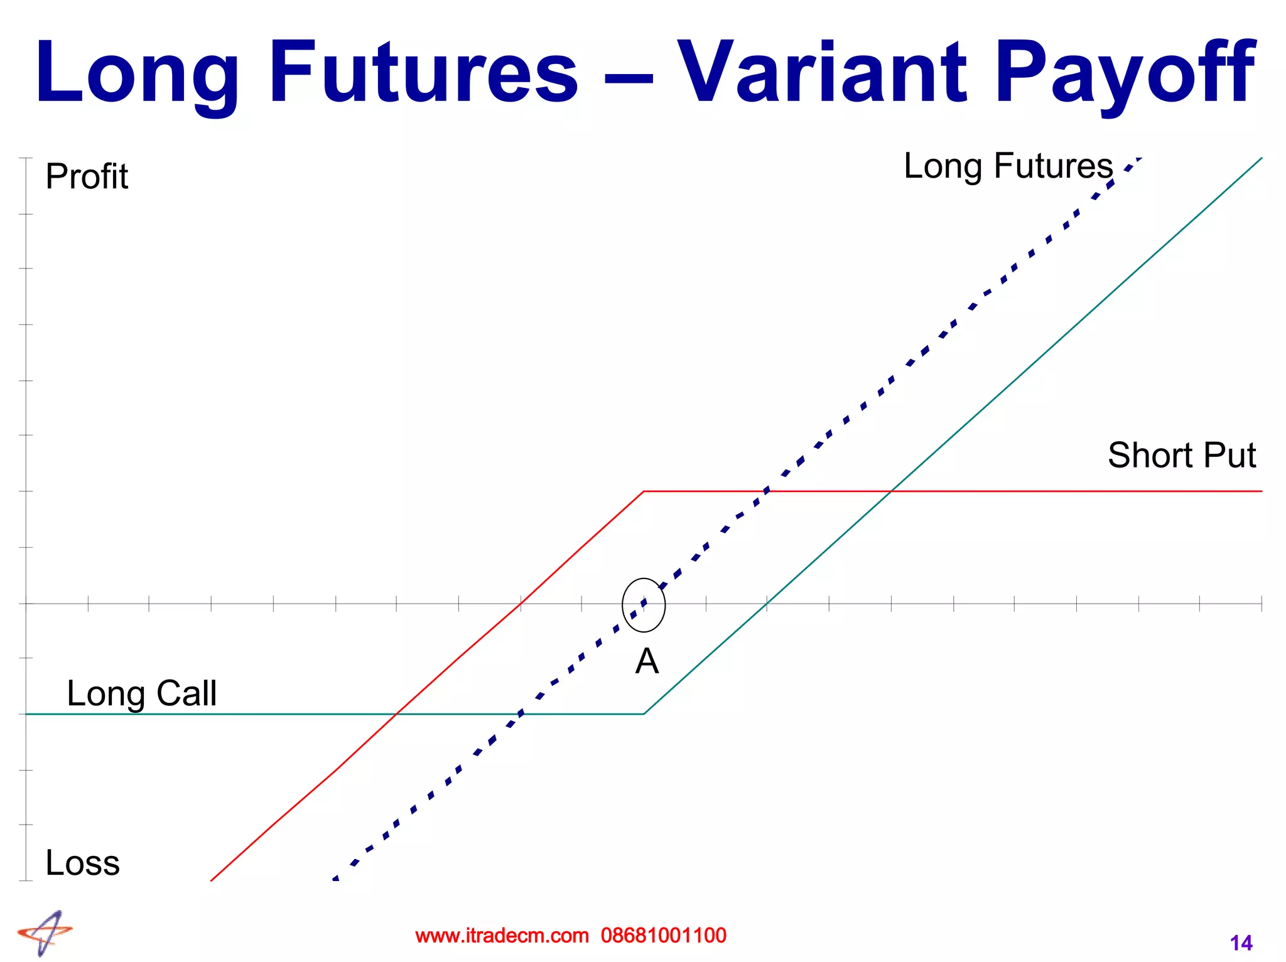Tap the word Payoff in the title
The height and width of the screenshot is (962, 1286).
click(1124, 74)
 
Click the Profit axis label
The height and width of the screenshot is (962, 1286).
click(87, 176)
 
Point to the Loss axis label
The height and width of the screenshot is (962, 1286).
click(82, 863)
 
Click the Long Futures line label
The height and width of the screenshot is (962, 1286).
click(1008, 166)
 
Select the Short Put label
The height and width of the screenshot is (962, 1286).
click(1181, 455)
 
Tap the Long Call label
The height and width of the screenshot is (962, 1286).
click(141, 693)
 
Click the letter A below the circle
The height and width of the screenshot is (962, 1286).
click(647, 661)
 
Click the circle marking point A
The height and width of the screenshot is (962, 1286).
click(644, 604)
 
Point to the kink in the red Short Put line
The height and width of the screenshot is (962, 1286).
click(644, 491)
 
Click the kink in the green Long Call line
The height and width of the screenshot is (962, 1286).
click(644, 714)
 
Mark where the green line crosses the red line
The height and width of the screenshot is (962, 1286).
click(891, 491)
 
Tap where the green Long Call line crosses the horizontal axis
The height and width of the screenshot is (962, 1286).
click(767, 604)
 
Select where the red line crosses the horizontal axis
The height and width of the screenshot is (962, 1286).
click(520, 604)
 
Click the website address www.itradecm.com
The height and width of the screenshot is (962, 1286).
click(502, 936)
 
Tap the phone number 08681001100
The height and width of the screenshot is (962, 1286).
click(663, 936)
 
